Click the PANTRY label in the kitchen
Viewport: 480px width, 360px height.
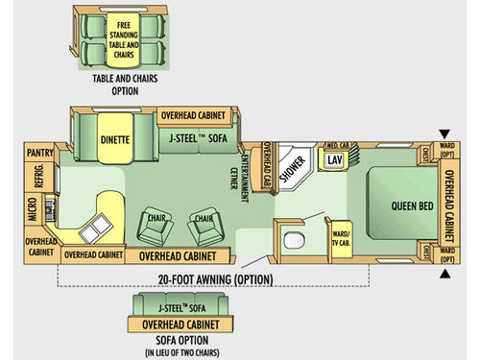tap(38, 152)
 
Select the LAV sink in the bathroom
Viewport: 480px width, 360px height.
tap(334, 159)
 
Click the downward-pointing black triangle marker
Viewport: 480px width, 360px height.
tap(443, 134)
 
